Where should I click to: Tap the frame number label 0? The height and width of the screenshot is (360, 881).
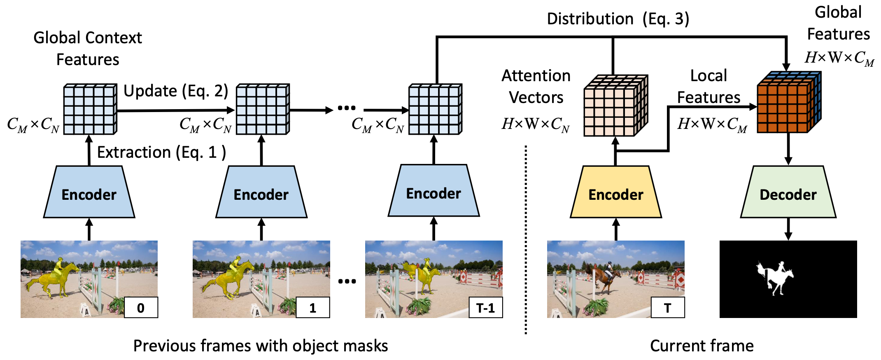pyautogui.click(x=141, y=307)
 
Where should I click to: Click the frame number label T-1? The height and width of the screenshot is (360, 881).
pyautogui.click(x=485, y=307)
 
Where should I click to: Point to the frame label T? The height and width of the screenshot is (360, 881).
pyautogui.click(x=667, y=307)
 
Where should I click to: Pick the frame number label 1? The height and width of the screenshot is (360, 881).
pyautogui.click(x=313, y=307)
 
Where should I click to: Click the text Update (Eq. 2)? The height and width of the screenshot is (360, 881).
pyautogui.click(x=176, y=91)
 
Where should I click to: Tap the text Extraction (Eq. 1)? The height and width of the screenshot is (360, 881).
pyautogui.click(x=161, y=152)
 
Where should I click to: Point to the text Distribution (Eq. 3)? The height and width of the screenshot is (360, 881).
pyautogui.click(x=618, y=19)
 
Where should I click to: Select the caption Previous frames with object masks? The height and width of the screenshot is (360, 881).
pyautogui.click(x=261, y=346)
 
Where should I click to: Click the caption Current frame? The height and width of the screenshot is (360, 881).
pyautogui.click(x=702, y=346)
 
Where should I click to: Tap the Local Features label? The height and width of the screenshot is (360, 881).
pyautogui.click(x=709, y=86)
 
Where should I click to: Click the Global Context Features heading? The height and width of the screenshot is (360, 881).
pyautogui.click(x=88, y=48)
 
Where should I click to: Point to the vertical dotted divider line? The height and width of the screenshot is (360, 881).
pyautogui.click(x=526, y=239)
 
